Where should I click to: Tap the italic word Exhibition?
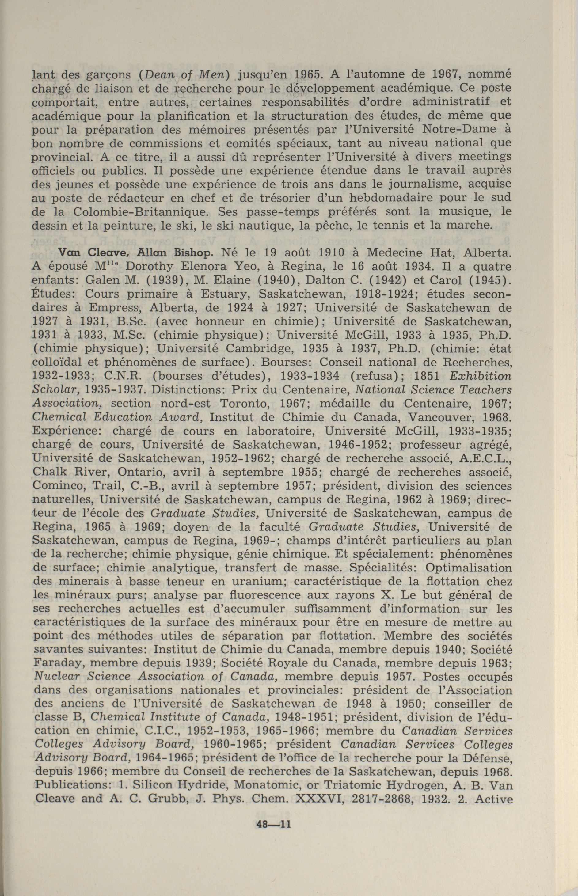480,376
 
